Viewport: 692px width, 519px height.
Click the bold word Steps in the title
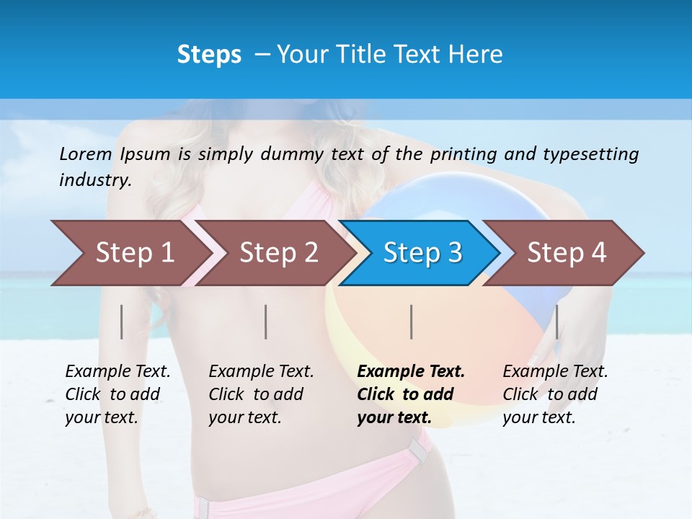pyautogui.click(x=209, y=55)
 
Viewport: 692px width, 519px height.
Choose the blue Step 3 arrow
pyautogui.click(x=422, y=253)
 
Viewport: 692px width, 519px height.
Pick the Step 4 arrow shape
pyautogui.click(x=567, y=253)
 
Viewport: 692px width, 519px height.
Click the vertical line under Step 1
pyautogui.click(x=122, y=321)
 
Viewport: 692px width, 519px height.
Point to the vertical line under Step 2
pyautogui.click(x=266, y=321)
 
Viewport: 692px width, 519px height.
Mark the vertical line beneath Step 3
pyautogui.click(x=411, y=321)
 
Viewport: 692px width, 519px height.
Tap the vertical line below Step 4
pyautogui.click(x=556, y=321)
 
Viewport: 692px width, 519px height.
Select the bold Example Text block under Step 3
pyautogui.click(x=411, y=394)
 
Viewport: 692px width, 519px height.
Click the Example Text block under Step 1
pyautogui.click(x=117, y=394)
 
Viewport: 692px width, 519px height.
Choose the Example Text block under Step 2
pyautogui.click(x=261, y=394)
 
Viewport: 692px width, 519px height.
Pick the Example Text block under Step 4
pyautogui.click(x=555, y=394)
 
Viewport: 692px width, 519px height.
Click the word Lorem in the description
pyautogui.click(x=86, y=154)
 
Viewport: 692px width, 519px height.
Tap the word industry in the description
pyautogui.click(x=94, y=180)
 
